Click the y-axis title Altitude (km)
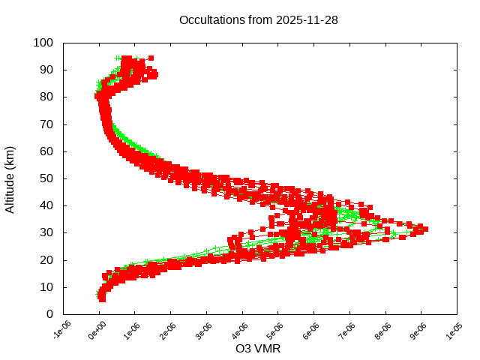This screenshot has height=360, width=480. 10,178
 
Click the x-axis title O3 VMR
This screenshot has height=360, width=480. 259,349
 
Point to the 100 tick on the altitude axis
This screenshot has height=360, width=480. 43,43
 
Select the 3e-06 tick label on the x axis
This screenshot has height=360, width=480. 203,330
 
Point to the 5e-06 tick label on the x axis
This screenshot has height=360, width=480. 275,330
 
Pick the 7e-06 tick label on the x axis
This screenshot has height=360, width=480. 346,330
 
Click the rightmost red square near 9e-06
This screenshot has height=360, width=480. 425,229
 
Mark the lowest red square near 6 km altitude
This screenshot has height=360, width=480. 102,298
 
